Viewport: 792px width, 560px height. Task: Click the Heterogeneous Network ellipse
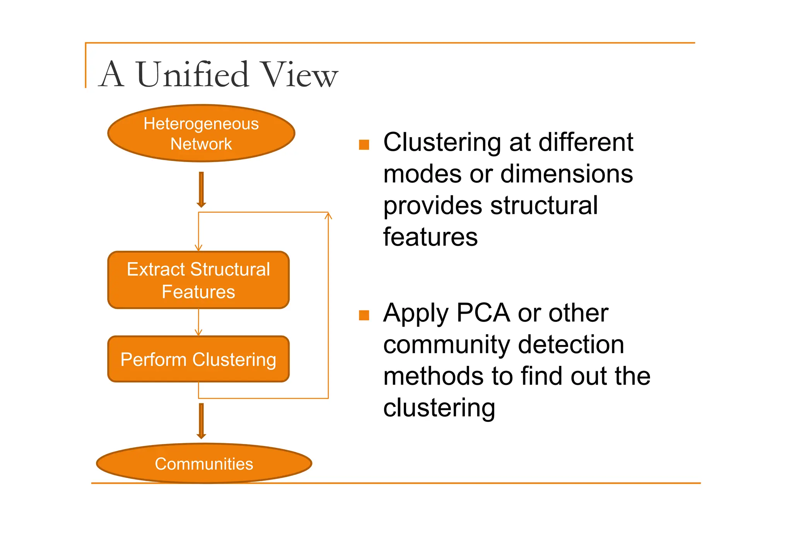201,133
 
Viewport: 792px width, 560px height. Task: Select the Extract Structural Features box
198,280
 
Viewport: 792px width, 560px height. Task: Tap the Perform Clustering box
198,359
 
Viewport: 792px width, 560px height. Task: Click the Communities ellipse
204,463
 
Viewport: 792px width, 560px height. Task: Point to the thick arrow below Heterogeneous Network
201,190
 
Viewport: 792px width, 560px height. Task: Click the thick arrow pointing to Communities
201,421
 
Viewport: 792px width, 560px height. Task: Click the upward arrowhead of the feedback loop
328,215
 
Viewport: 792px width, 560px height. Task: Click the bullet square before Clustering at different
364,145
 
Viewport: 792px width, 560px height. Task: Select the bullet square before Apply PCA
364,315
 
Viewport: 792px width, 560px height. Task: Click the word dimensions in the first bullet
567,174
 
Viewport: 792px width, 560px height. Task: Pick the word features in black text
430,237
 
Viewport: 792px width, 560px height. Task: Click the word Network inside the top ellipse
201,144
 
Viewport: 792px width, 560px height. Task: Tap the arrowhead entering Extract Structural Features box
198,248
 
